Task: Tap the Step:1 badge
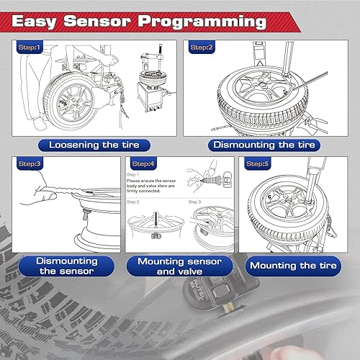tap(30, 48)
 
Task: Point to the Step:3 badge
tap(30, 164)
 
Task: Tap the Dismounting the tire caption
tap(264, 145)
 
